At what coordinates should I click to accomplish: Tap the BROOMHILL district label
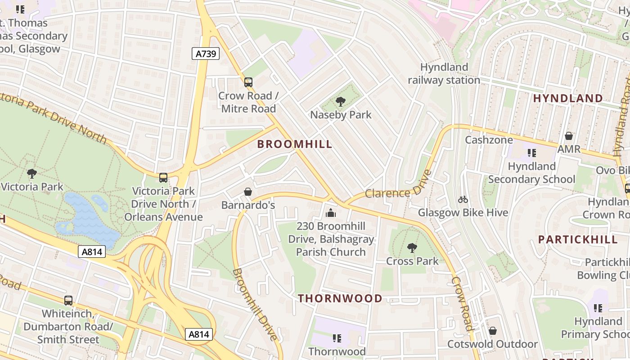(295, 144)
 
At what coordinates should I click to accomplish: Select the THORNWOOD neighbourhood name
(340, 298)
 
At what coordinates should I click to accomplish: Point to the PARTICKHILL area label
(578, 239)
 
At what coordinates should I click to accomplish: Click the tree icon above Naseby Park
(341, 102)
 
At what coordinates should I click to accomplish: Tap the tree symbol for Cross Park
(412, 248)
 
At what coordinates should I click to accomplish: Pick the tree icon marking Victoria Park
(31, 173)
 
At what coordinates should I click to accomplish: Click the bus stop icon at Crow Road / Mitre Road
(248, 82)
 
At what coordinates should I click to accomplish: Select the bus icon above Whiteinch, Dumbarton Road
(68, 300)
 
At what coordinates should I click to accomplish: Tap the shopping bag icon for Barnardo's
(247, 192)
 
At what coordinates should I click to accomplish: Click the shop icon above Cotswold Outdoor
(493, 331)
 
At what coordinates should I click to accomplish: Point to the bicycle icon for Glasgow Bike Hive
(463, 199)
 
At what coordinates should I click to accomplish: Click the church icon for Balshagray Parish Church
(331, 213)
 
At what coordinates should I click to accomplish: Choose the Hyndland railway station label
(444, 74)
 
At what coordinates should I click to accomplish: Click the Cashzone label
(489, 140)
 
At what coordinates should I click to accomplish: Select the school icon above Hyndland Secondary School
(532, 153)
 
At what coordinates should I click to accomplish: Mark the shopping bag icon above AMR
(569, 136)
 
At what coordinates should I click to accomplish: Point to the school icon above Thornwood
(337, 338)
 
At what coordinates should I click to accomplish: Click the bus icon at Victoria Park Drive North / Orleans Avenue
(163, 178)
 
